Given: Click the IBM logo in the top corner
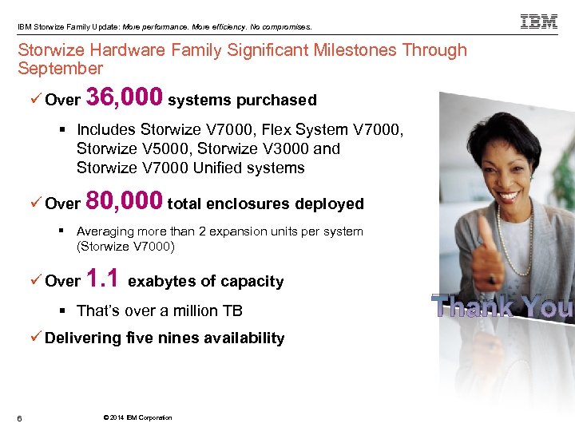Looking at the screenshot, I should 539,22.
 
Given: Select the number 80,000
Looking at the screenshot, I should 125,201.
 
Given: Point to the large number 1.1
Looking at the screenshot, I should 103,279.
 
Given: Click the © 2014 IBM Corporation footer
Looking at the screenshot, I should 137,417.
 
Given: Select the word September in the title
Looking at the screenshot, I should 61,69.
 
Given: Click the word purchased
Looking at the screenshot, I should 276,101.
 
